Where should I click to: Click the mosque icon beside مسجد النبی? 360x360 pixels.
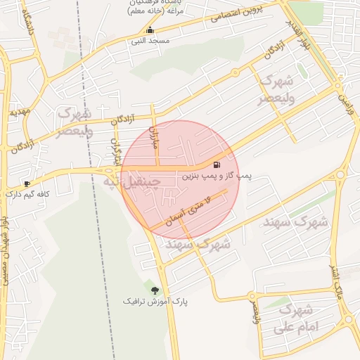(149, 30)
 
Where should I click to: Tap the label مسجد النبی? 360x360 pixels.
(150, 41)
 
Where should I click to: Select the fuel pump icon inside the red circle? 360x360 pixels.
(215, 166)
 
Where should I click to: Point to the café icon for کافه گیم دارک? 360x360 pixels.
(27, 183)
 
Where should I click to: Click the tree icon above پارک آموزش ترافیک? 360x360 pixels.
(155, 290)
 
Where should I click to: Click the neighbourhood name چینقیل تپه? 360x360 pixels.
(132, 181)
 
